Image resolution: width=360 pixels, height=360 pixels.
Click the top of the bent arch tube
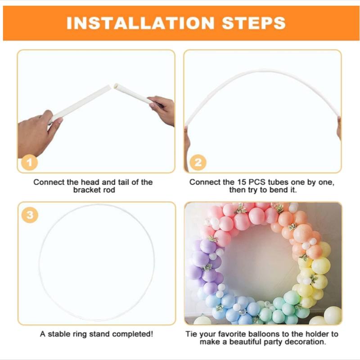(x=263, y=71)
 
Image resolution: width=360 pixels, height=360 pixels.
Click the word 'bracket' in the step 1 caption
(x=87, y=190)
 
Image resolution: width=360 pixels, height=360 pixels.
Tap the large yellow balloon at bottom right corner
(x=332, y=315)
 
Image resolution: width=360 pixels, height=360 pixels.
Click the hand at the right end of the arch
(x=338, y=128)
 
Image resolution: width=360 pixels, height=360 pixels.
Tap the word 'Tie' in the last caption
(x=192, y=334)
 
